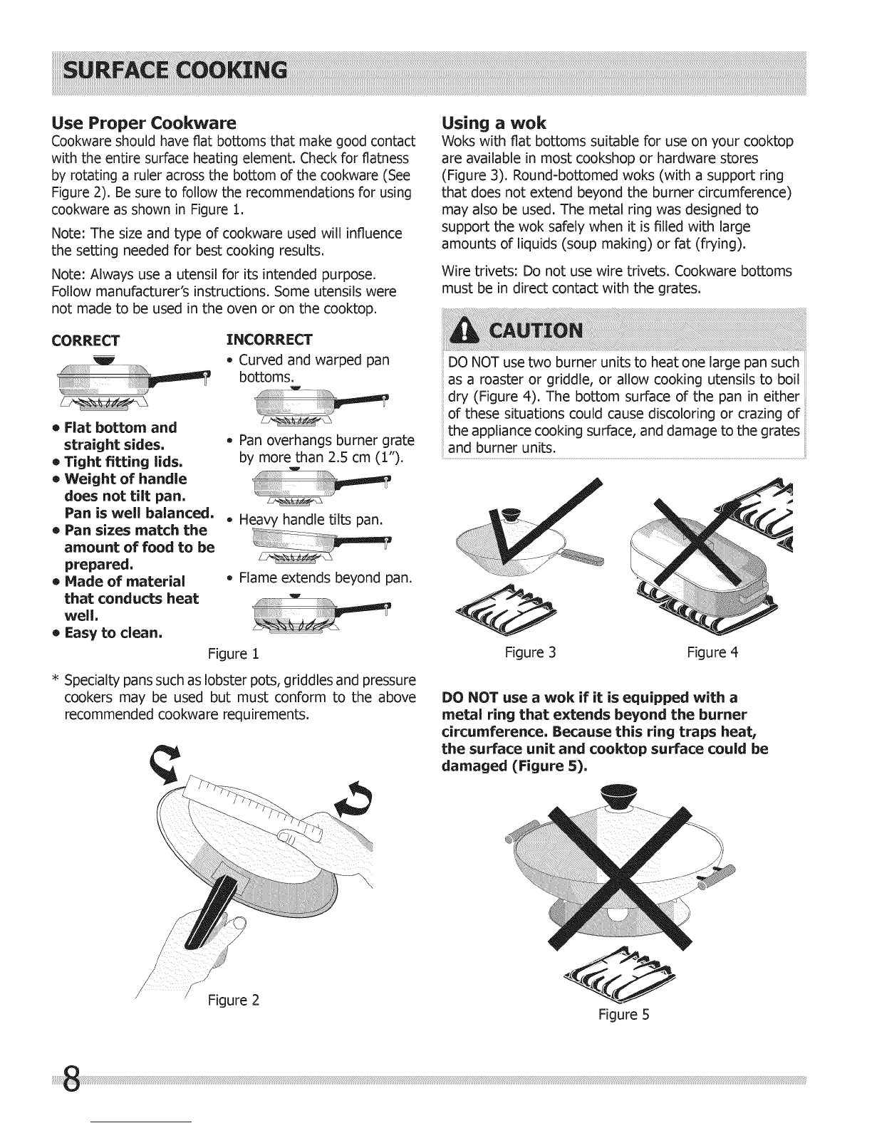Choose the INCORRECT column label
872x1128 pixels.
pos(269,338)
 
